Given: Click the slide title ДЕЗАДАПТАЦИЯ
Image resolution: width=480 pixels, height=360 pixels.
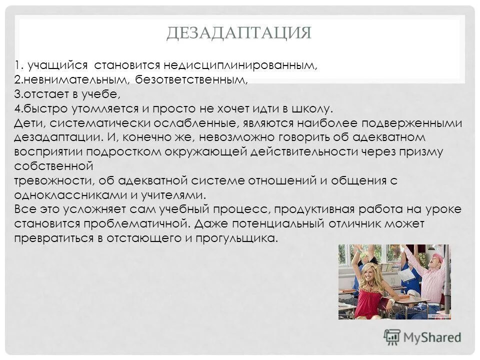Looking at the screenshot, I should coord(239,33).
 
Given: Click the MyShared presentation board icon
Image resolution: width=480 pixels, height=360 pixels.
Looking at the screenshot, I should coord(392,337).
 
